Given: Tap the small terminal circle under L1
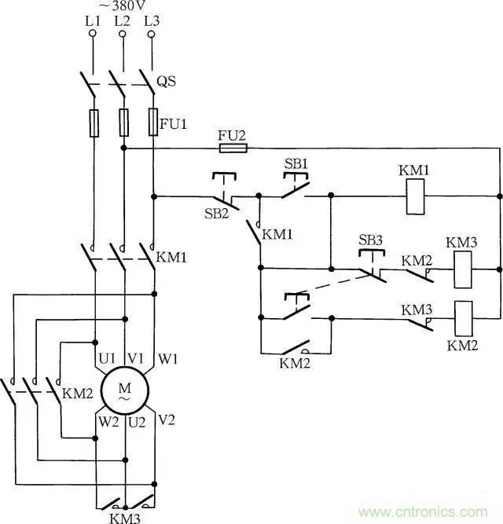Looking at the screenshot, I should [x=94, y=34].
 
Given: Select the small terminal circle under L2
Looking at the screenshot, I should [x=123, y=34].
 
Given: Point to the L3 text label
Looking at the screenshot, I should [x=151, y=21].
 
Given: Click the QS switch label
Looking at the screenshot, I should [x=167, y=82].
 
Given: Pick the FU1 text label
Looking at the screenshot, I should [x=171, y=123].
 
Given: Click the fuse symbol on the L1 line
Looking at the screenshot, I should [x=94, y=123].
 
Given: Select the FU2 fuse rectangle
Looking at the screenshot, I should [x=233, y=147].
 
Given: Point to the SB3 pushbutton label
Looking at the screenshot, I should [x=369, y=239].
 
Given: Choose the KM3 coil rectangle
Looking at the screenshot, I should [x=462, y=269].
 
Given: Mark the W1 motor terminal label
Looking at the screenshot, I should [x=169, y=358].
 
